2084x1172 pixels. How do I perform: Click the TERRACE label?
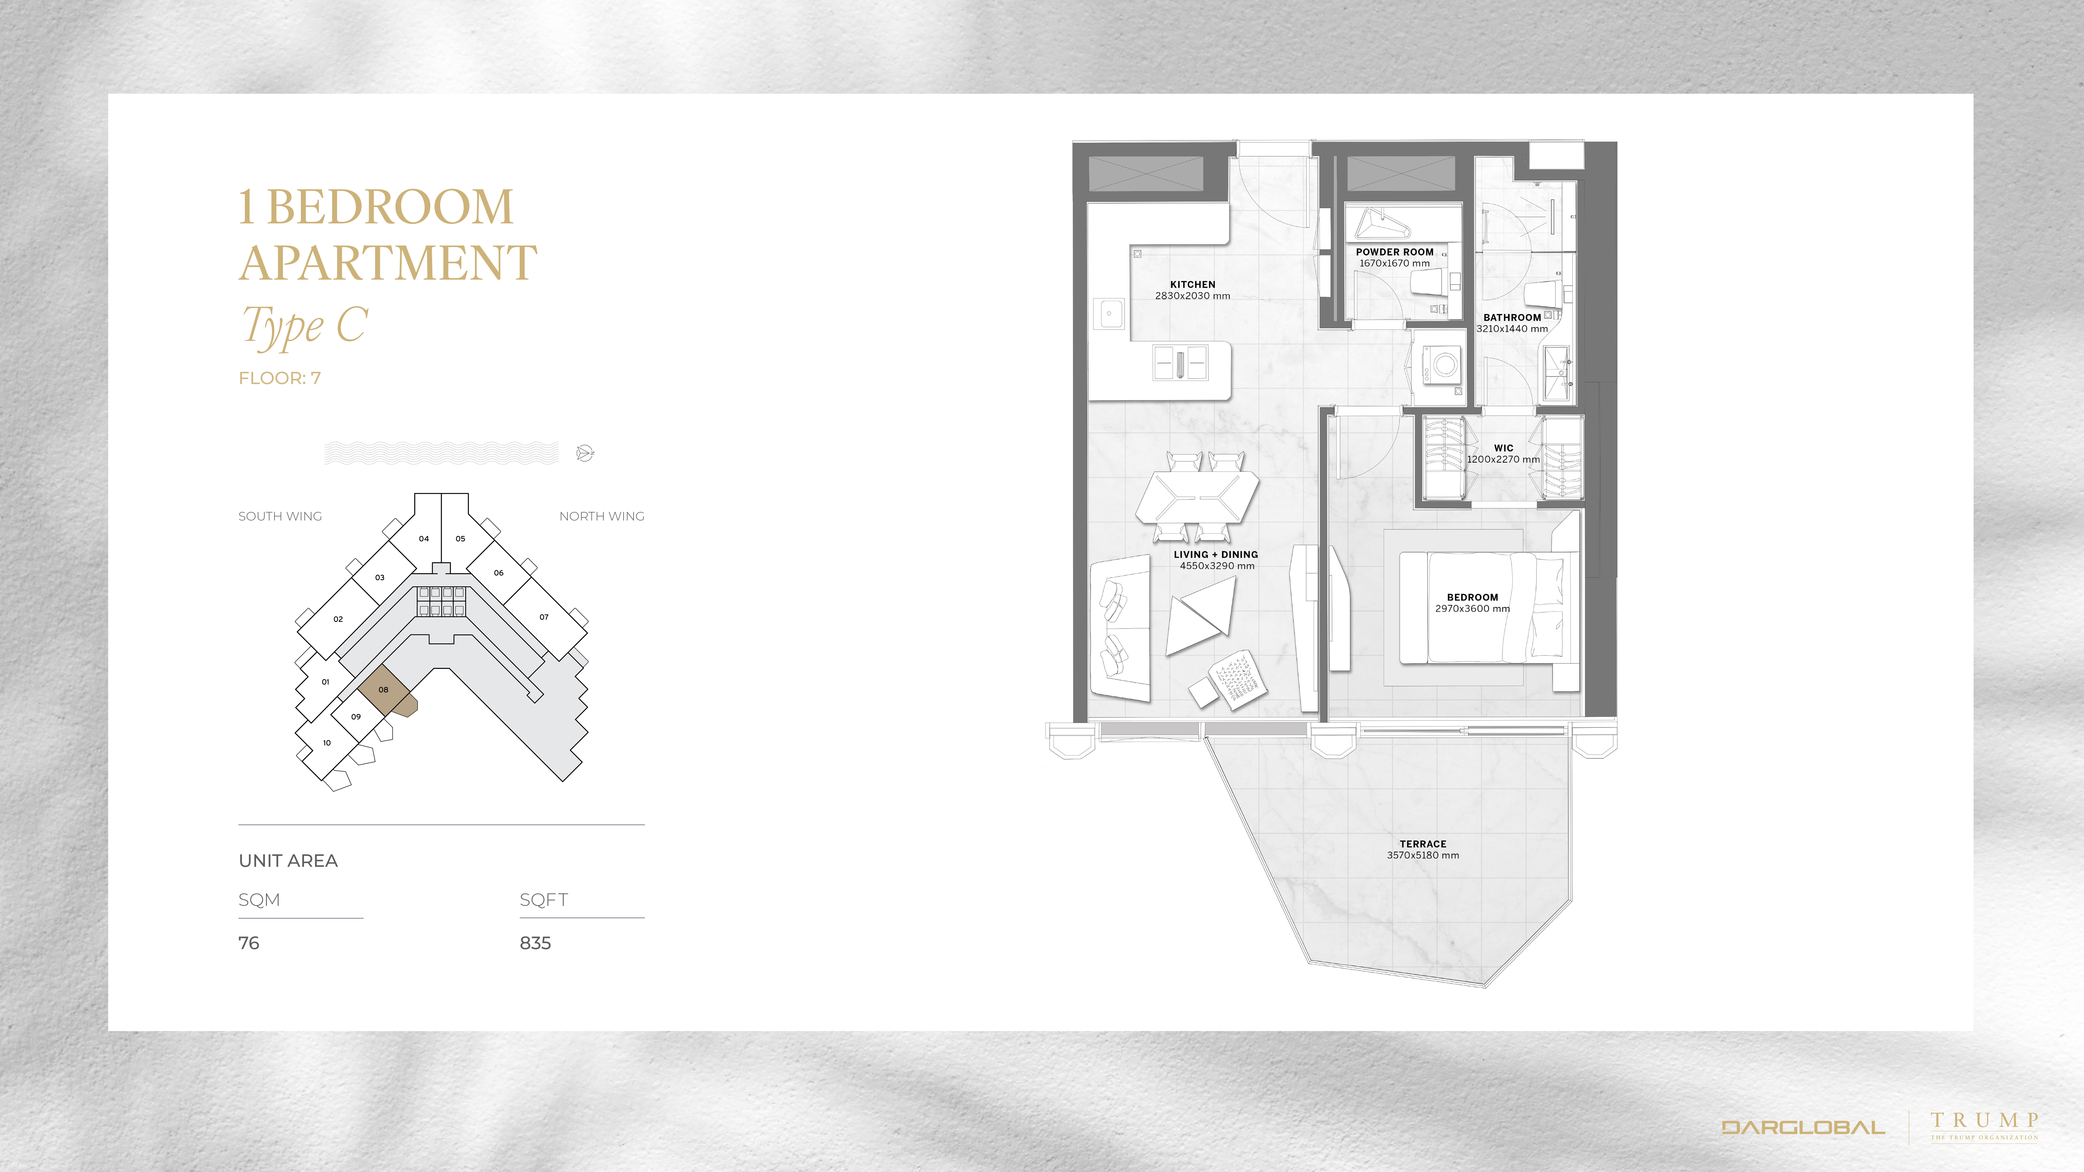click(x=1423, y=844)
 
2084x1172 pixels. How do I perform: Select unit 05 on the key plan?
click(x=460, y=539)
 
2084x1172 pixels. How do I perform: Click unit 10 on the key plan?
click(x=327, y=743)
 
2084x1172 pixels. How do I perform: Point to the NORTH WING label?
click(x=602, y=516)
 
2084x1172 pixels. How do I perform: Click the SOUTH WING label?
click(x=280, y=516)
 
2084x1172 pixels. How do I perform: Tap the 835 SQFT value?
click(x=536, y=943)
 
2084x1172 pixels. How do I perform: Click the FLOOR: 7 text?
click(x=280, y=378)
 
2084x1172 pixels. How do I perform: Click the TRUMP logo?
click(x=1984, y=1125)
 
